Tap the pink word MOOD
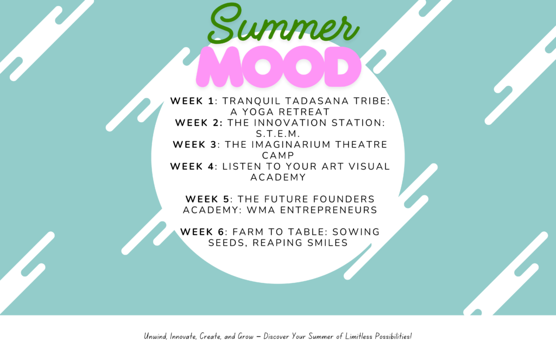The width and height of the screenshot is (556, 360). [279, 67]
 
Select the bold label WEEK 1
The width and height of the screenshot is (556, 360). [192, 101]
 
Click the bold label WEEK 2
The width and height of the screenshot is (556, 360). [199, 123]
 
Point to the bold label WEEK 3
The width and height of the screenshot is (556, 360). [195, 145]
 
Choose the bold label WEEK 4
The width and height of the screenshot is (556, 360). [192, 167]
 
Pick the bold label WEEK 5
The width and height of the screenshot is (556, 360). [207, 199]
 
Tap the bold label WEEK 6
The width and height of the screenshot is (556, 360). [202, 232]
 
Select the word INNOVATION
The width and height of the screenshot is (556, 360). [290, 123]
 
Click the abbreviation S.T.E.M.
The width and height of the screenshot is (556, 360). [278, 134]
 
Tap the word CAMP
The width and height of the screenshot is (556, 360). [278, 156]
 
